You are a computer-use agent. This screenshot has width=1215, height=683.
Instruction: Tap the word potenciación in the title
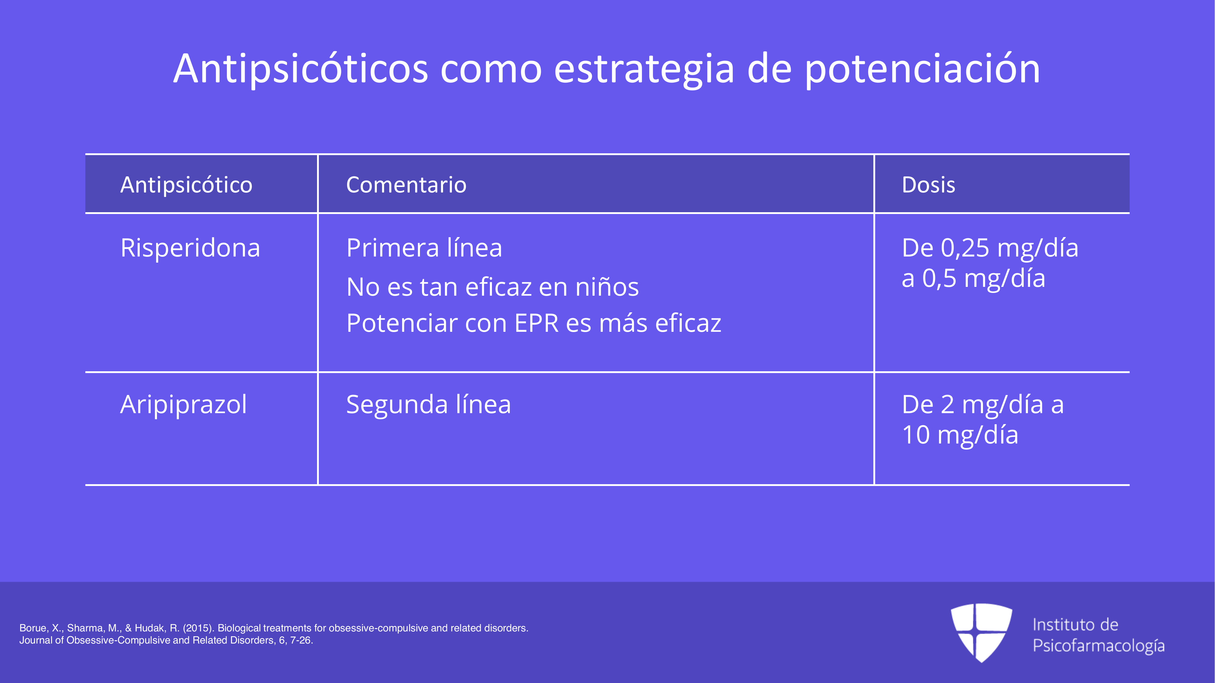922,69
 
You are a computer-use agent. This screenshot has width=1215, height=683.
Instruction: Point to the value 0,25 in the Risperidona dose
965,248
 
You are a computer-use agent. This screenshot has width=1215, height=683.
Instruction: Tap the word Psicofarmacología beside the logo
1098,646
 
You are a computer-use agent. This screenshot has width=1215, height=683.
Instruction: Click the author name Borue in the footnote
33,628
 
